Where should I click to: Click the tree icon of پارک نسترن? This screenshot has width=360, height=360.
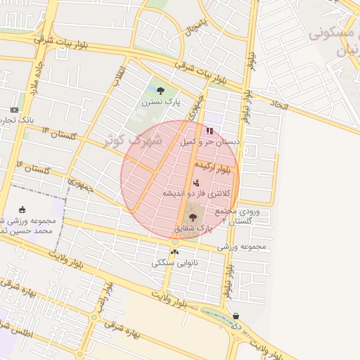(x=161, y=90)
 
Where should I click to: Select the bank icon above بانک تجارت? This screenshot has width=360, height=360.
(x=15, y=110)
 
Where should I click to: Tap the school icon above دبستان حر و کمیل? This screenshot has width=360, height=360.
(x=209, y=130)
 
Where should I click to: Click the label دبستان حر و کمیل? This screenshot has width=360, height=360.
(x=210, y=141)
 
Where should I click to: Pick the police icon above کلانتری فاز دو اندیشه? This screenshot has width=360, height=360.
(x=195, y=183)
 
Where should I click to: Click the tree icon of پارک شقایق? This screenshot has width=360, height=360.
(x=193, y=217)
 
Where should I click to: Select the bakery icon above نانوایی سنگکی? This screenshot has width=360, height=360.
(x=174, y=252)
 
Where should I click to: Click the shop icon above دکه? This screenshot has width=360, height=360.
(x=235, y=316)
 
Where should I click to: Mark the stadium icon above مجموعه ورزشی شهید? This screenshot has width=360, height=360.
(x=22, y=209)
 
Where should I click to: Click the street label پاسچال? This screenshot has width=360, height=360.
(x=193, y=28)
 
